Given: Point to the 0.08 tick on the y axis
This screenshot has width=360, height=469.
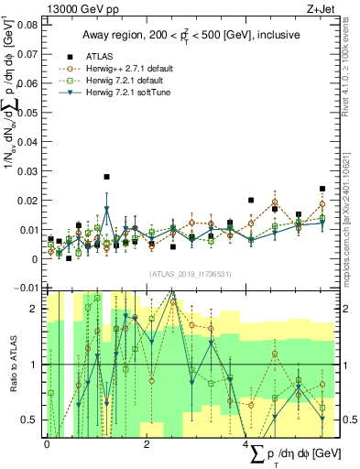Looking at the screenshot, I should tap(28, 25).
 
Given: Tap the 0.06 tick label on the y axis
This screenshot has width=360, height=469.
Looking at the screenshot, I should tap(28, 83).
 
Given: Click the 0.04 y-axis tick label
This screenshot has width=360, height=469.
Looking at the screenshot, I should tap(28, 142).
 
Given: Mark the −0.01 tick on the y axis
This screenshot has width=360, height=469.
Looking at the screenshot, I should tap(26, 289).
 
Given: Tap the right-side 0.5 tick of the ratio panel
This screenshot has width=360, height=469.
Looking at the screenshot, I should tap(337, 420).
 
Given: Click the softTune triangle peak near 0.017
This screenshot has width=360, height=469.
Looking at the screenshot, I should tap(107, 208).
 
